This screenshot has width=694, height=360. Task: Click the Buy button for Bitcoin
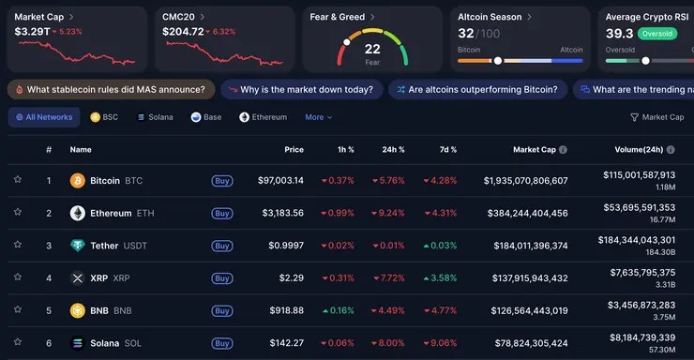[221, 180]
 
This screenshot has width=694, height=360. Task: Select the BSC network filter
[104, 117]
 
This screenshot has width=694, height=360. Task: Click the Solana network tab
[155, 117]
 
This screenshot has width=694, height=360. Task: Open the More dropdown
[318, 117]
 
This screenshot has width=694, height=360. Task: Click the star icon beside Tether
[17, 246]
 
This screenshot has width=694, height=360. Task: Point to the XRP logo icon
[78, 278]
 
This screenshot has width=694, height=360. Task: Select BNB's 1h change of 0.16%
[338, 310]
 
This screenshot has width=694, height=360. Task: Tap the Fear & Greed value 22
[372, 49]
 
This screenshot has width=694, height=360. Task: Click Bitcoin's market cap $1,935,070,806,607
[525, 180]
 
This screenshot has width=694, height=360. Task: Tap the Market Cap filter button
[656, 117]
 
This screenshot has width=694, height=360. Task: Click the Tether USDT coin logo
[78, 246]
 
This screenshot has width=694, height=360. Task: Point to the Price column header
[294, 149]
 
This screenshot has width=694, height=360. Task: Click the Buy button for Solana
[221, 343]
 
